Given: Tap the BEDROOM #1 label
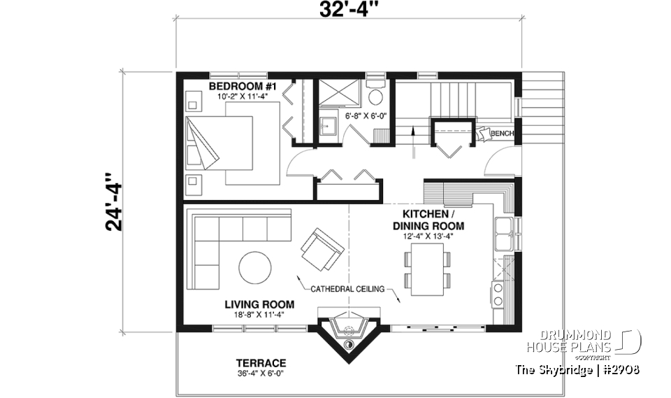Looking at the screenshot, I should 243,86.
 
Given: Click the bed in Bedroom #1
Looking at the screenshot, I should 219,143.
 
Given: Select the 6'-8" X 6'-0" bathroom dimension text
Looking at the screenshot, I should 366,116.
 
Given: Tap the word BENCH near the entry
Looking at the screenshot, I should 502,134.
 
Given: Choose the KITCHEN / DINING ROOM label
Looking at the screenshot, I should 428,220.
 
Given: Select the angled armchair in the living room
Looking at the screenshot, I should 322,249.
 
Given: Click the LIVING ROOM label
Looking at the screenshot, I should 259,304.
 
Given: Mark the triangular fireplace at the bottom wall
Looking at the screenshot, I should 348,336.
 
